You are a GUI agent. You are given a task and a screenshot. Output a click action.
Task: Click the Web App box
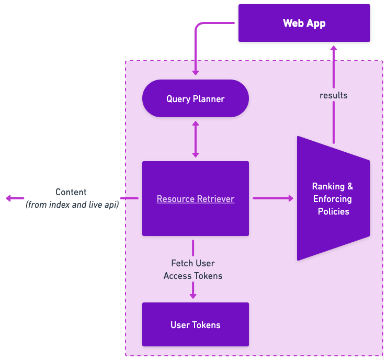pyautogui.click(x=304, y=23)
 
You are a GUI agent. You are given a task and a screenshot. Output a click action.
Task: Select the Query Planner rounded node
pyautogui.click(x=195, y=98)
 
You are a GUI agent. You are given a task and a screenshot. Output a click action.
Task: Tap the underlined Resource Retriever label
pyautogui.click(x=195, y=199)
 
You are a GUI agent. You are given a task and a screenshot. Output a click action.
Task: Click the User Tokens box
pyautogui.click(x=195, y=324)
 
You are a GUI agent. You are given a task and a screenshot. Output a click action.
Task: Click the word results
pyautogui.click(x=333, y=95)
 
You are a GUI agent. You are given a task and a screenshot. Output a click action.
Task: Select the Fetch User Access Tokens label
pyautogui.click(x=192, y=269)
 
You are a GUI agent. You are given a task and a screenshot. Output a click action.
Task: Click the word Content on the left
pyautogui.click(x=71, y=192)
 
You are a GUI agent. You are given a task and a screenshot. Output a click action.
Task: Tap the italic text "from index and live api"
pyautogui.click(x=72, y=205)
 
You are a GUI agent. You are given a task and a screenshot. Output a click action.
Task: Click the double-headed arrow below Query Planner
pyautogui.click(x=195, y=139)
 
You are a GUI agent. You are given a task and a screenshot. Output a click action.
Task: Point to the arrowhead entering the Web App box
pyautogui.click(x=333, y=48)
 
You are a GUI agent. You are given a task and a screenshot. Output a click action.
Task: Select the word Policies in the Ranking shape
pyautogui.click(x=333, y=211)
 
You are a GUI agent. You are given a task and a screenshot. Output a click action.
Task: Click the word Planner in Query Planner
pyautogui.click(x=209, y=98)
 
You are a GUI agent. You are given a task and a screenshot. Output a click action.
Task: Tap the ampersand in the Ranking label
pyautogui.click(x=350, y=186)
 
